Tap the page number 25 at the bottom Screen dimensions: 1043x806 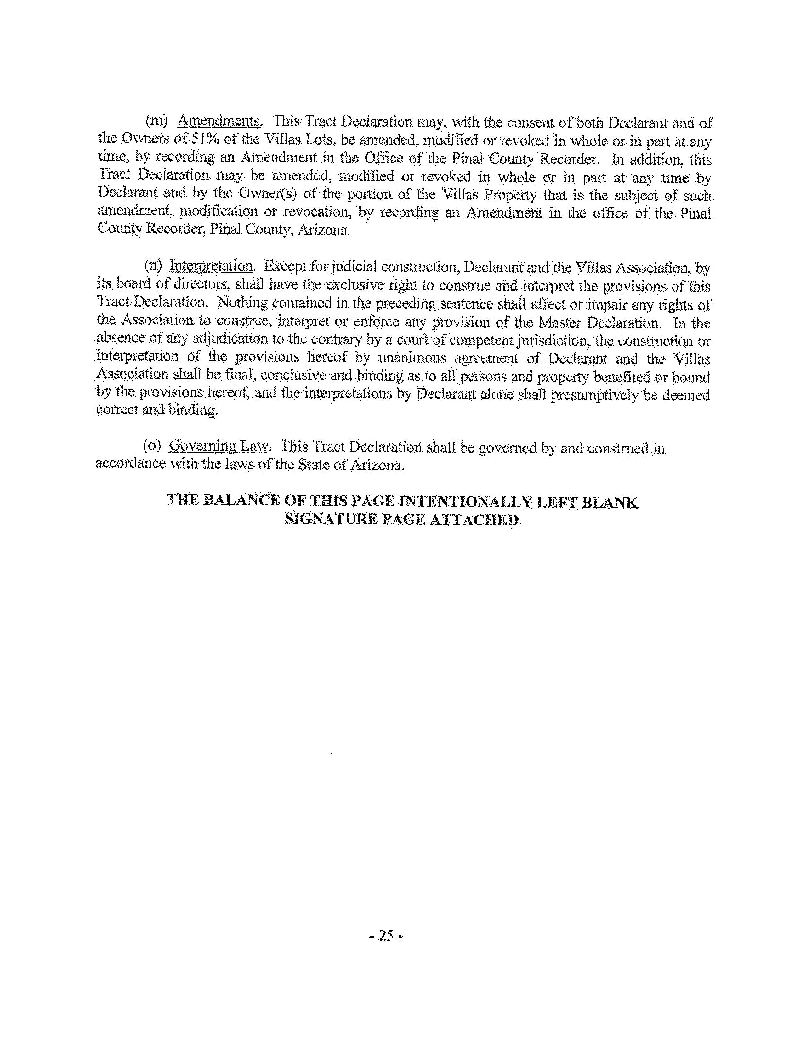[x=385, y=936]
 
